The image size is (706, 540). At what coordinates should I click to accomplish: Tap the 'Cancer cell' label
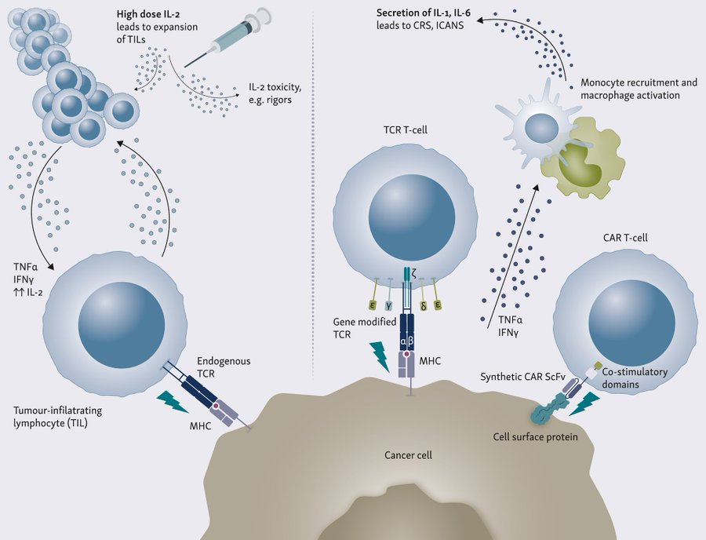point(408,455)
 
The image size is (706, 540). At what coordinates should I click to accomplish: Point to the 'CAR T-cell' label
point(625,237)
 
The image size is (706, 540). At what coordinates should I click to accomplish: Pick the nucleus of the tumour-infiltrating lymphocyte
point(122,324)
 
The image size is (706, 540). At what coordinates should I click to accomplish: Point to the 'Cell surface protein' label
point(535,436)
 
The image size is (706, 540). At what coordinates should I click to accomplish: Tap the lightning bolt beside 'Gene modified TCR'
point(380,356)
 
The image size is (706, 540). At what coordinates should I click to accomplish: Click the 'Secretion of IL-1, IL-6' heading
point(424,13)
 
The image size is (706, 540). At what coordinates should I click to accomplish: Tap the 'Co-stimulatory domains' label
point(635,378)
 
